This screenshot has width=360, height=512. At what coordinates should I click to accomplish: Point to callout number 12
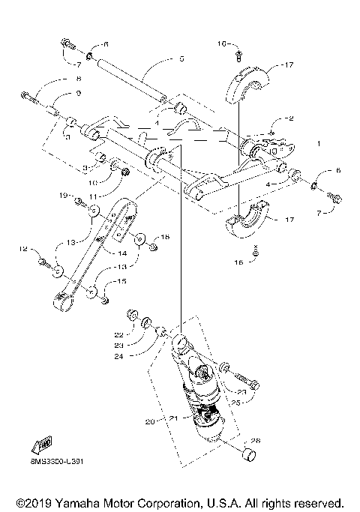(23, 248)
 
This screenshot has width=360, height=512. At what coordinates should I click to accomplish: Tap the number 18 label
(166, 237)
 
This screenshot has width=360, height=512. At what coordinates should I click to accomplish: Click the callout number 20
(149, 421)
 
